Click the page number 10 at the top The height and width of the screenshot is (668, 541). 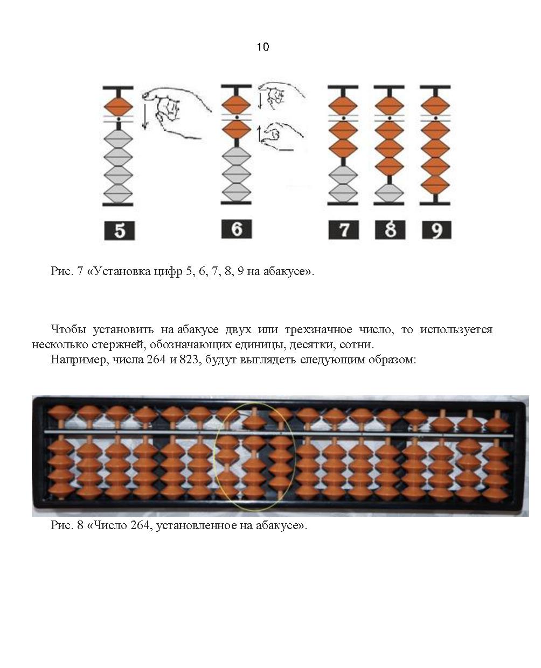tap(263, 47)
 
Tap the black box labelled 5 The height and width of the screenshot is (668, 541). tap(119, 230)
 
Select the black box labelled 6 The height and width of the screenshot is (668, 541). tap(237, 229)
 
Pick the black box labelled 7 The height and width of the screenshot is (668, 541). tap(343, 229)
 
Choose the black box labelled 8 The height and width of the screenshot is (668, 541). tap(390, 229)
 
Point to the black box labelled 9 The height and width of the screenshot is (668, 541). tap(436, 229)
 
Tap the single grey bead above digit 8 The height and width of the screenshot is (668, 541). tap(389, 193)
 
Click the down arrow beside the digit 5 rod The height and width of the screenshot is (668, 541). tap(145, 117)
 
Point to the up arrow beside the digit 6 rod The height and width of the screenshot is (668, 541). tap(259, 133)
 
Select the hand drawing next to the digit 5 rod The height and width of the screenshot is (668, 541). tap(176, 113)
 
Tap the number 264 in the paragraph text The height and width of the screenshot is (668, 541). tap(156, 360)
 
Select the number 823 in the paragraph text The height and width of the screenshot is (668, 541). tap(189, 360)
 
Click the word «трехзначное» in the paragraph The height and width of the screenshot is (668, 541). tap(318, 329)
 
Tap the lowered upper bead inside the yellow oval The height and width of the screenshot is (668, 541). tap(254, 422)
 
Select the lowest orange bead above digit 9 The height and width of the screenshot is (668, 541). tap(435, 185)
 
